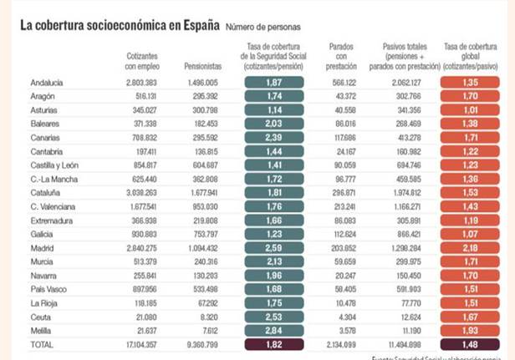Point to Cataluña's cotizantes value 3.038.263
coord(138,190)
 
